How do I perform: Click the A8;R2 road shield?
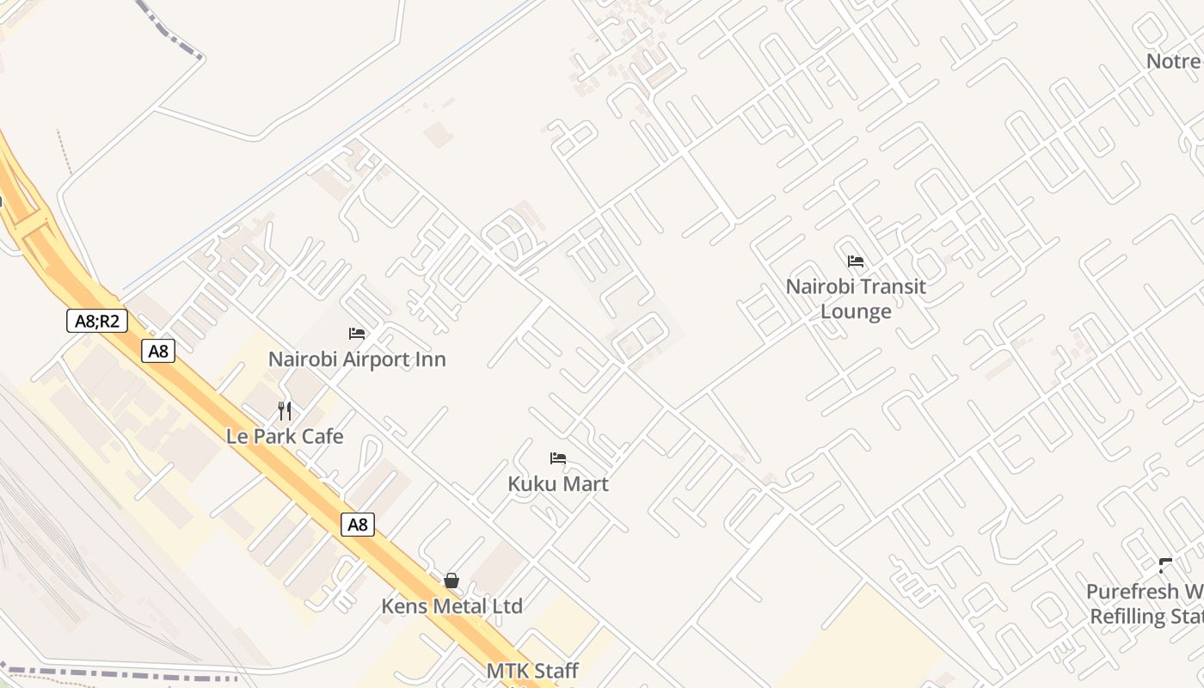coord(97,322)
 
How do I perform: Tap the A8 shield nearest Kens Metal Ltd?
coord(358,525)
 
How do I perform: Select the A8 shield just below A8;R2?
coord(158,351)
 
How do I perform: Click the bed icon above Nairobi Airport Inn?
coord(357,334)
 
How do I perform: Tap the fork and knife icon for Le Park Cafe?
coord(285,411)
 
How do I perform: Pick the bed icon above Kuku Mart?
coord(558,458)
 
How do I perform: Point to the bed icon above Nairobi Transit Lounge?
coord(855,261)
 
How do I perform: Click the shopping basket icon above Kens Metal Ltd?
coord(451,581)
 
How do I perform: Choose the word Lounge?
coord(856,310)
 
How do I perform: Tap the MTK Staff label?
coord(532,671)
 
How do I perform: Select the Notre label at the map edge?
coord(1174,61)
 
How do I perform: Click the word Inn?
coord(431,359)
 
